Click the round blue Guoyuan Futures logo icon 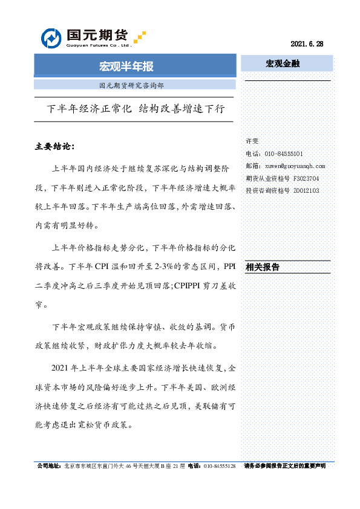[51, 38]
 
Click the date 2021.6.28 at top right [307, 44]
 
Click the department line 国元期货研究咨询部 [131, 85]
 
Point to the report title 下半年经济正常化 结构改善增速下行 [136, 109]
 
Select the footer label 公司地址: [49, 467]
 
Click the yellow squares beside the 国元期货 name [140, 36]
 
